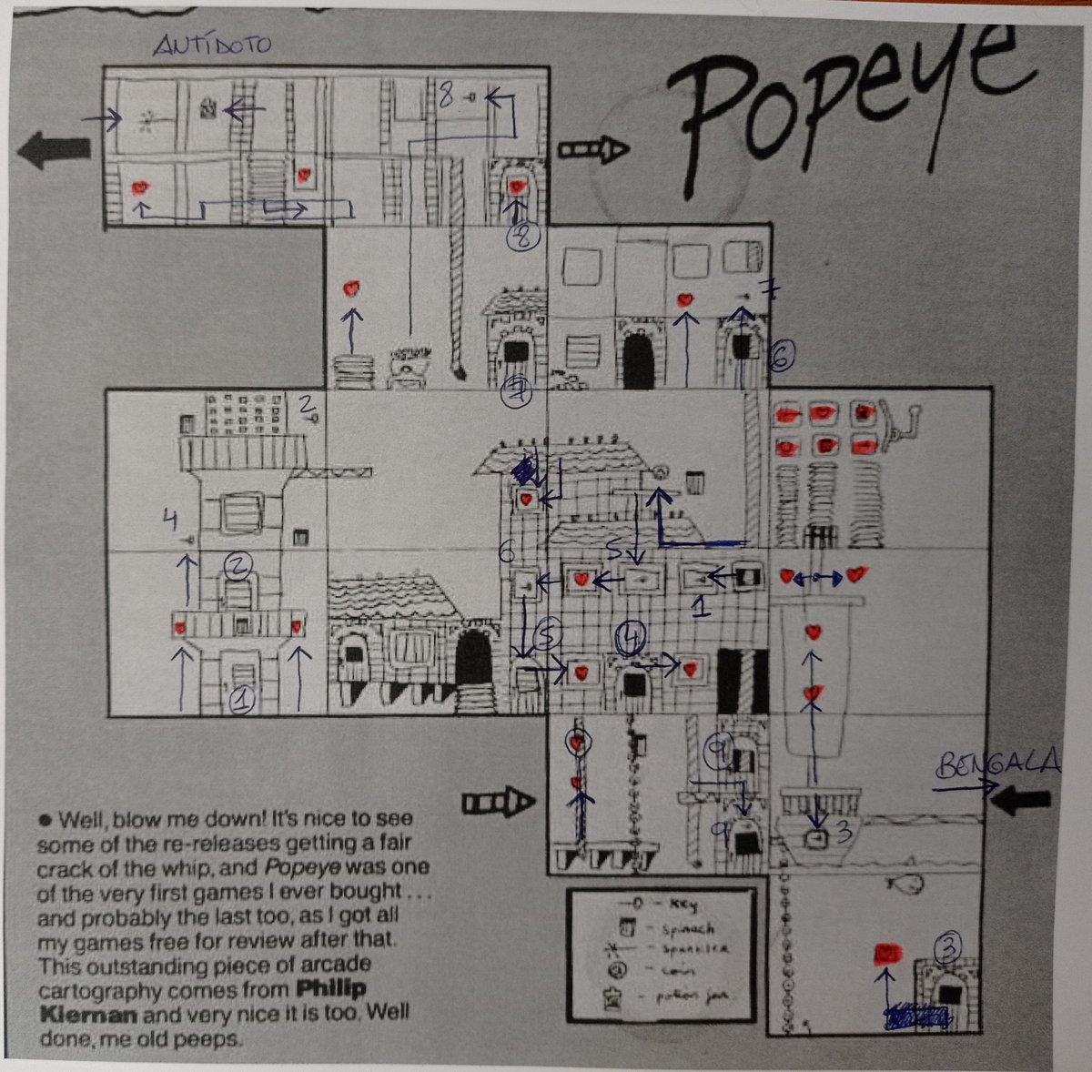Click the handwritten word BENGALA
tap(999, 764)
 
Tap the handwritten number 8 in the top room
tap(445, 94)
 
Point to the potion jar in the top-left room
tap(208, 108)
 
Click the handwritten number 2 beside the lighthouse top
tap(307, 402)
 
